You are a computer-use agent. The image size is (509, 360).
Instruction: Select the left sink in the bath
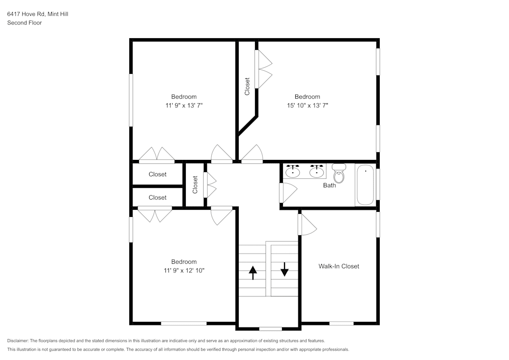292,171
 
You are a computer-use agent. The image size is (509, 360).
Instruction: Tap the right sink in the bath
317,171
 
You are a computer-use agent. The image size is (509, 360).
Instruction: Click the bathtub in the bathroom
364,185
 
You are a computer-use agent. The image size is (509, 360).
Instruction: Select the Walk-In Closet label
338,266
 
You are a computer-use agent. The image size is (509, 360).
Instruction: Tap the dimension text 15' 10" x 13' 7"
307,105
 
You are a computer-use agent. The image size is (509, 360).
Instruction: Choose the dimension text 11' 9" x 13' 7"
184,105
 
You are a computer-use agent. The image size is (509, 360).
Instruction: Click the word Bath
329,185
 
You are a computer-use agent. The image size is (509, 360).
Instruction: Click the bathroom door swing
288,193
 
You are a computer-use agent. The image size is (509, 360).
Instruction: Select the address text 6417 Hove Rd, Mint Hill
38,14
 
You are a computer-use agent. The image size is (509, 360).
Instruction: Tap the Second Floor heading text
24,23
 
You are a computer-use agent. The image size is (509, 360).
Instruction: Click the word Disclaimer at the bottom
18,341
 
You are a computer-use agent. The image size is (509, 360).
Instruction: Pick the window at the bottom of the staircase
270,328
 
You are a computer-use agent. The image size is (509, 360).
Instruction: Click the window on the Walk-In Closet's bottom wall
342,323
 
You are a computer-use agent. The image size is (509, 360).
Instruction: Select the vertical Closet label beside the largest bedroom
247,86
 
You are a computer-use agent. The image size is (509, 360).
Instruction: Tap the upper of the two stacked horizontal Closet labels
157,174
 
